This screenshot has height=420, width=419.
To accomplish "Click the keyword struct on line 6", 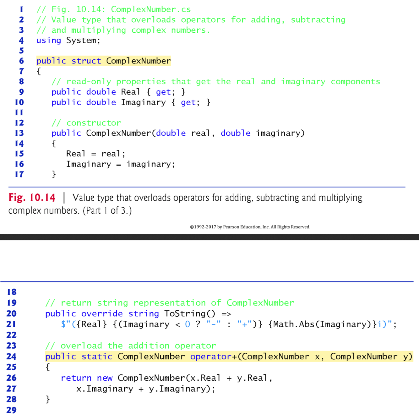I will [86, 61].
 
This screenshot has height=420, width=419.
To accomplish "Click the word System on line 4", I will [81, 41].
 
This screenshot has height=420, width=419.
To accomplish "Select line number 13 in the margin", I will [19, 133].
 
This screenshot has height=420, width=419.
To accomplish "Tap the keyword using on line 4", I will [48, 41].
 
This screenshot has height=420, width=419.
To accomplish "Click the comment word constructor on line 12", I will [93, 123].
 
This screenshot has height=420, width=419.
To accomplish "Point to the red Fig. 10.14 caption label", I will [32, 198].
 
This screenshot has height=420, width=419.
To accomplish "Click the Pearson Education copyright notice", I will [250, 227].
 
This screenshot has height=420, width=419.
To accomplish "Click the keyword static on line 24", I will [97, 357].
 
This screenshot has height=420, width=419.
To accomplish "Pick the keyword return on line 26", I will [76, 378].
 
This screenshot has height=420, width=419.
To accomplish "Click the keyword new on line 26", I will [105, 378].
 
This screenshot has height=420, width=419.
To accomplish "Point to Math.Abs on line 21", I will [294, 324].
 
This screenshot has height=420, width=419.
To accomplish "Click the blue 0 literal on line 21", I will [188, 324].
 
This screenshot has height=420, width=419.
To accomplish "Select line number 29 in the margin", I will [11, 410].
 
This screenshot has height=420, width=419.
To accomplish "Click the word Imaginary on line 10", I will [143, 102].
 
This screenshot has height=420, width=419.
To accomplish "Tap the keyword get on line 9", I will [163, 92].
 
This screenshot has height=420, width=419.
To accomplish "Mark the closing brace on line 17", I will [54, 174].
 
